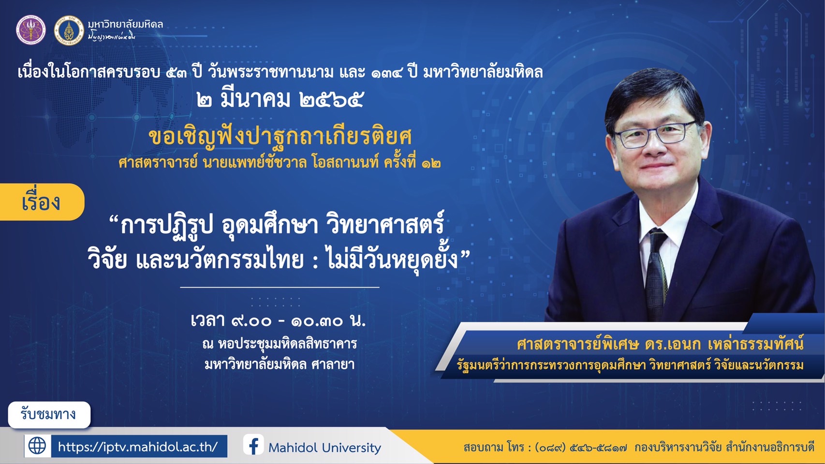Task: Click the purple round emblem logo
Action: pos(31,30)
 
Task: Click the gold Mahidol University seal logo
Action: pos(69,30)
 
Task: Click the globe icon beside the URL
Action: pos(38,446)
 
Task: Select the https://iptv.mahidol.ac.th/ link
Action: pos(138,447)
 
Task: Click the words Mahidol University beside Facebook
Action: pos(325,448)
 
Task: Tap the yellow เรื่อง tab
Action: pos(42,202)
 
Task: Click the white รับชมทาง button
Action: pos(49,415)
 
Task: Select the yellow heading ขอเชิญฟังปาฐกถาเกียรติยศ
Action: pos(280,137)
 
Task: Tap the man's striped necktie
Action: pos(656,273)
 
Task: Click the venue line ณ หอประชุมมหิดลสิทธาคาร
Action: pos(280,344)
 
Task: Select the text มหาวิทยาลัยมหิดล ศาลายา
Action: pos(280,364)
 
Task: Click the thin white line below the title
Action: pos(280,287)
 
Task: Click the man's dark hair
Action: pos(654,92)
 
